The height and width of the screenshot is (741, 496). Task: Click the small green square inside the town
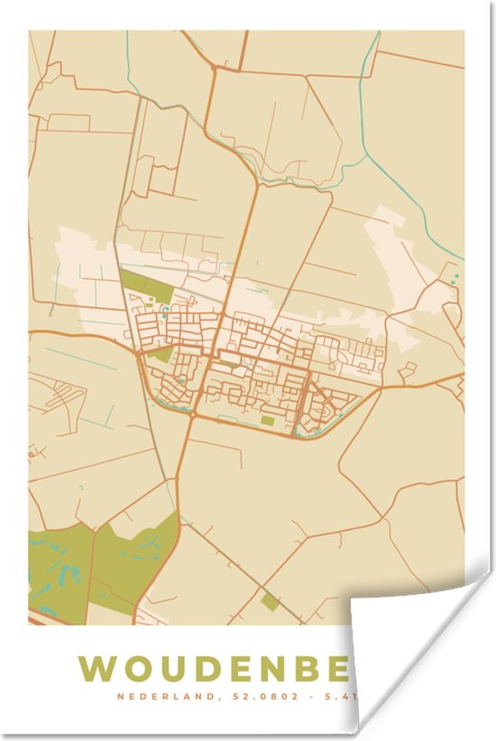click(267, 419)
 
